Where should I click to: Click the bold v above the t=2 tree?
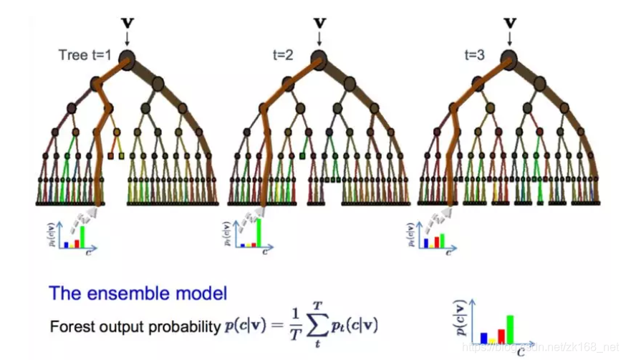[319, 23]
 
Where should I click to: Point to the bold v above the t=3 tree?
[510, 23]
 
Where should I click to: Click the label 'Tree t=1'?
[85, 54]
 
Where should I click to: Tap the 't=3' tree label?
[473, 54]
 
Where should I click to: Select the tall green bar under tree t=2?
[258, 233]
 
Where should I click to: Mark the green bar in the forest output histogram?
[510, 329]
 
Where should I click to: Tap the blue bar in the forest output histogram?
[483, 337]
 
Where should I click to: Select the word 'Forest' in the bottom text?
[69, 327]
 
